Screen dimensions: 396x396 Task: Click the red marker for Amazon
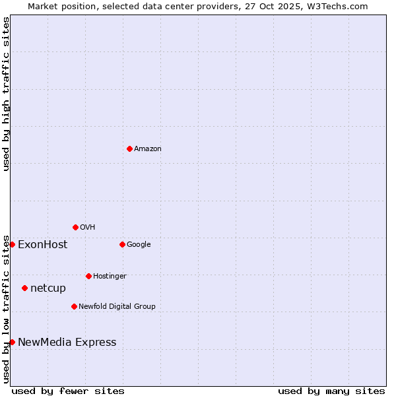click(x=129, y=148)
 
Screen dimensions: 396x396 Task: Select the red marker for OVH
click(x=75, y=227)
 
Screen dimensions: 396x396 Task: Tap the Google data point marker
click(x=122, y=244)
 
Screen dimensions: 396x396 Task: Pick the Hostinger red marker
click(x=88, y=276)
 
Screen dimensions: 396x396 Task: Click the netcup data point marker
click(x=24, y=288)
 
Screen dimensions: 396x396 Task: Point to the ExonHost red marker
click(x=12, y=244)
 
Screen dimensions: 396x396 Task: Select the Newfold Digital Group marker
click(x=74, y=306)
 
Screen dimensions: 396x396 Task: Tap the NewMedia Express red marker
click(x=12, y=342)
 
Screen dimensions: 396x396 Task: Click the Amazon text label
click(x=148, y=149)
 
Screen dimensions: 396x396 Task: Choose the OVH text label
click(x=88, y=228)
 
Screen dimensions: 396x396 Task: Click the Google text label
click(x=139, y=245)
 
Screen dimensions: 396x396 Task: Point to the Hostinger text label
click(x=110, y=277)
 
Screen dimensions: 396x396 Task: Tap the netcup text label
click(x=48, y=288)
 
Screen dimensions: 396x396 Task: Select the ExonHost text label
click(x=42, y=245)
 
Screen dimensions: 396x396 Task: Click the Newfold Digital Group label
click(x=117, y=307)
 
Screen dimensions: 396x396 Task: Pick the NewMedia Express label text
click(x=67, y=343)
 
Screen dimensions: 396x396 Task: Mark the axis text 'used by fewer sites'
click(x=68, y=391)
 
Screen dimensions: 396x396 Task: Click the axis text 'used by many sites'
click(x=331, y=391)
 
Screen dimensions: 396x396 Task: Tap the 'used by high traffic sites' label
click(x=7, y=94)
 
